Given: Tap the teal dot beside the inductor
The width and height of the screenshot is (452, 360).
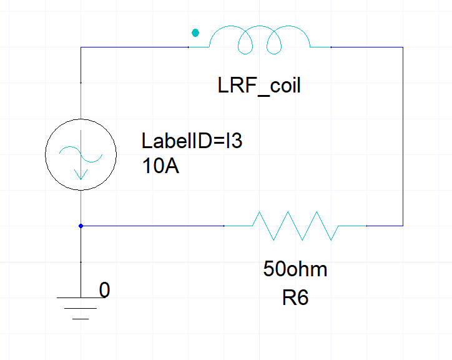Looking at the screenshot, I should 195,32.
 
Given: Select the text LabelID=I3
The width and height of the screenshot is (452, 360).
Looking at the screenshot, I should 191,141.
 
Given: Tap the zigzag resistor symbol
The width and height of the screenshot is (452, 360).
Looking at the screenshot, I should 295,225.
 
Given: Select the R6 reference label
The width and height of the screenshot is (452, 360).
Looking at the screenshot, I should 295,298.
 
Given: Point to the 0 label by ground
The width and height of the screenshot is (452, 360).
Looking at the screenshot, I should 105,291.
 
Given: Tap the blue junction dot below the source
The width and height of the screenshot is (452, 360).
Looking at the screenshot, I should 81,225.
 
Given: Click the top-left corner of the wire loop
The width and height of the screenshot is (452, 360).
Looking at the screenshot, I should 81,47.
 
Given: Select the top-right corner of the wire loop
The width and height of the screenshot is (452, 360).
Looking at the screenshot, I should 403,47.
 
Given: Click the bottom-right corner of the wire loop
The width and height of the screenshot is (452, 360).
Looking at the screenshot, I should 403,225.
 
